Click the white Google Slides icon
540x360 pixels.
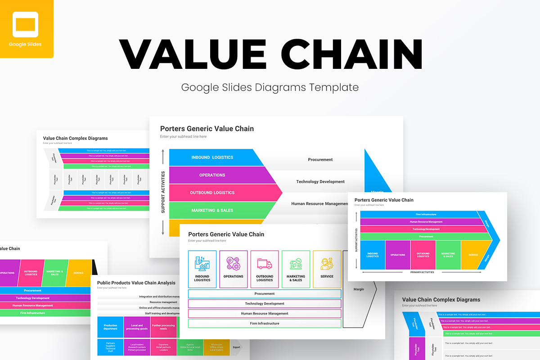[x=25, y=24]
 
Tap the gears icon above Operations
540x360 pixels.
[x=233, y=263]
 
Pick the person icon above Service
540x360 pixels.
[x=327, y=263]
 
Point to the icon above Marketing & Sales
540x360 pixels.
[x=296, y=263]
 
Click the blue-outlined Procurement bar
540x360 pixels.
[x=265, y=294]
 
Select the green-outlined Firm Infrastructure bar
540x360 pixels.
[x=265, y=324]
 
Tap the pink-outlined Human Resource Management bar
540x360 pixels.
[x=265, y=314]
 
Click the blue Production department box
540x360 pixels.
[x=110, y=327]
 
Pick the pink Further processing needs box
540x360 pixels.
[x=163, y=327]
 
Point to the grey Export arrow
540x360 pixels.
[x=236, y=347]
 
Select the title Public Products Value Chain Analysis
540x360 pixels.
[x=136, y=283]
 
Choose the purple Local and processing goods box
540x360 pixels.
[x=137, y=327]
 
